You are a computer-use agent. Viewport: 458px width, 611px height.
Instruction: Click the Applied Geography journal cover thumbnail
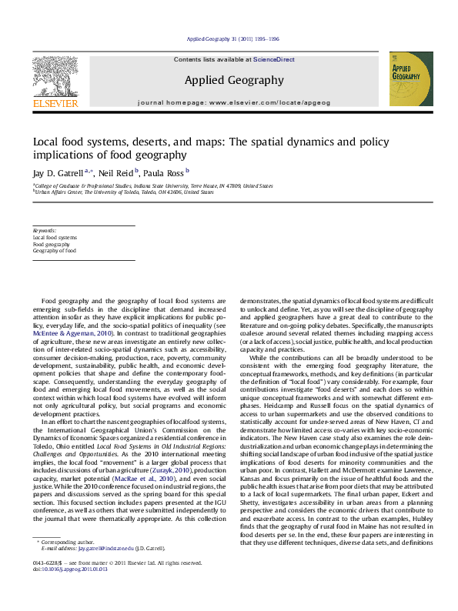(x=405, y=78)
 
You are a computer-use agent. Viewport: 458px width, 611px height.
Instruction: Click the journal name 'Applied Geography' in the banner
(x=228, y=79)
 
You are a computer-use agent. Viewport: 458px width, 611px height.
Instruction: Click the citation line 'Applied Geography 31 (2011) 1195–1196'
(x=233, y=39)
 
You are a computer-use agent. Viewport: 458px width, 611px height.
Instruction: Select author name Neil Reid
(x=117, y=175)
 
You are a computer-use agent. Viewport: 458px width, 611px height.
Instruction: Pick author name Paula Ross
(x=164, y=175)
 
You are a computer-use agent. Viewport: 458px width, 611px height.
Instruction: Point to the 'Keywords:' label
(x=45, y=231)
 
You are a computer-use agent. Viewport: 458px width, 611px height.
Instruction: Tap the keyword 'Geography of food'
(x=55, y=251)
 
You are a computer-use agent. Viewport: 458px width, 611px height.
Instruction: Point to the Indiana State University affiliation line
(x=154, y=185)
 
